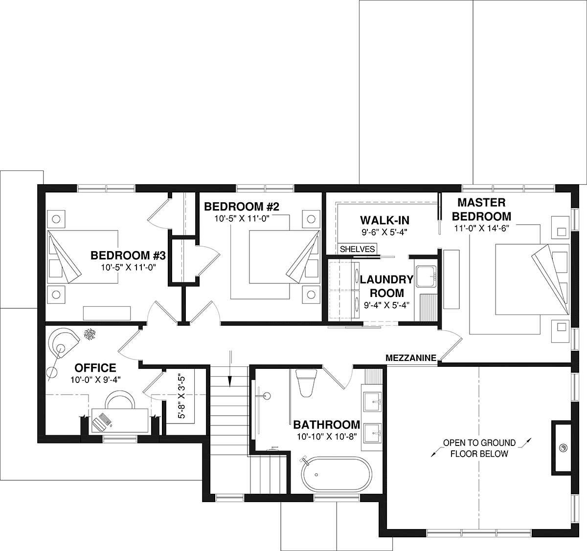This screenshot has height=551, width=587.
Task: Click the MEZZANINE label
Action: (x=411, y=358)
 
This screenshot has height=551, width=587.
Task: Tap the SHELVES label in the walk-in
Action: (x=358, y=249)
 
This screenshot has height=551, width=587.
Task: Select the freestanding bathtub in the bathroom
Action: (x=337, y=475)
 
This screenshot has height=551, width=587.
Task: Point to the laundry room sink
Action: (x=426, y=276)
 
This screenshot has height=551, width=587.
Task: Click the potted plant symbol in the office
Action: (x=90, y=334)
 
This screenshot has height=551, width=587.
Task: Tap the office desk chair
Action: (x=120, y=400)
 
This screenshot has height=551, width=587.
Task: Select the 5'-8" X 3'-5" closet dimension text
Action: (x=181, y=397)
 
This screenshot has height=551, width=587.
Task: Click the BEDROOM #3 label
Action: (x=128, y=255)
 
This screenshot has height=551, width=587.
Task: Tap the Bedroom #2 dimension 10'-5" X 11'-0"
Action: (x=242, y=218)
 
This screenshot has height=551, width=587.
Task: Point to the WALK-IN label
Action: (x=384, y=220)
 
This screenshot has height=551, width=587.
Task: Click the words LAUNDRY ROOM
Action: (x=386, y=286)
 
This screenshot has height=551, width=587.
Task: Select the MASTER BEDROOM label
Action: (x=481, y=210)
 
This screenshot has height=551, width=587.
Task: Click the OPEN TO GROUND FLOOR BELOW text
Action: (x=479, y=448)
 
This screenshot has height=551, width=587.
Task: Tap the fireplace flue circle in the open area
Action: (x=564, y=448)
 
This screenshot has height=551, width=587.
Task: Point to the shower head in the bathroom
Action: (x=267, y=396)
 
